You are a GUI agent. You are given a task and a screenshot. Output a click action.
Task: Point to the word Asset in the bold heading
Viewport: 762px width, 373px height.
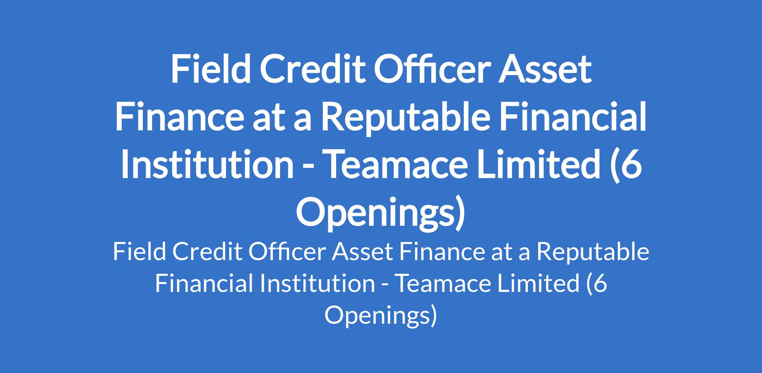[x=544, y=70]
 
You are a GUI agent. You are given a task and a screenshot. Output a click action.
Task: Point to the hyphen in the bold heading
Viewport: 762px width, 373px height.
[x=309, y=168]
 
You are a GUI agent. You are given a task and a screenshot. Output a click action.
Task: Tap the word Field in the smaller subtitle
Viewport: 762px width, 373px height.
[x=140, y=252]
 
